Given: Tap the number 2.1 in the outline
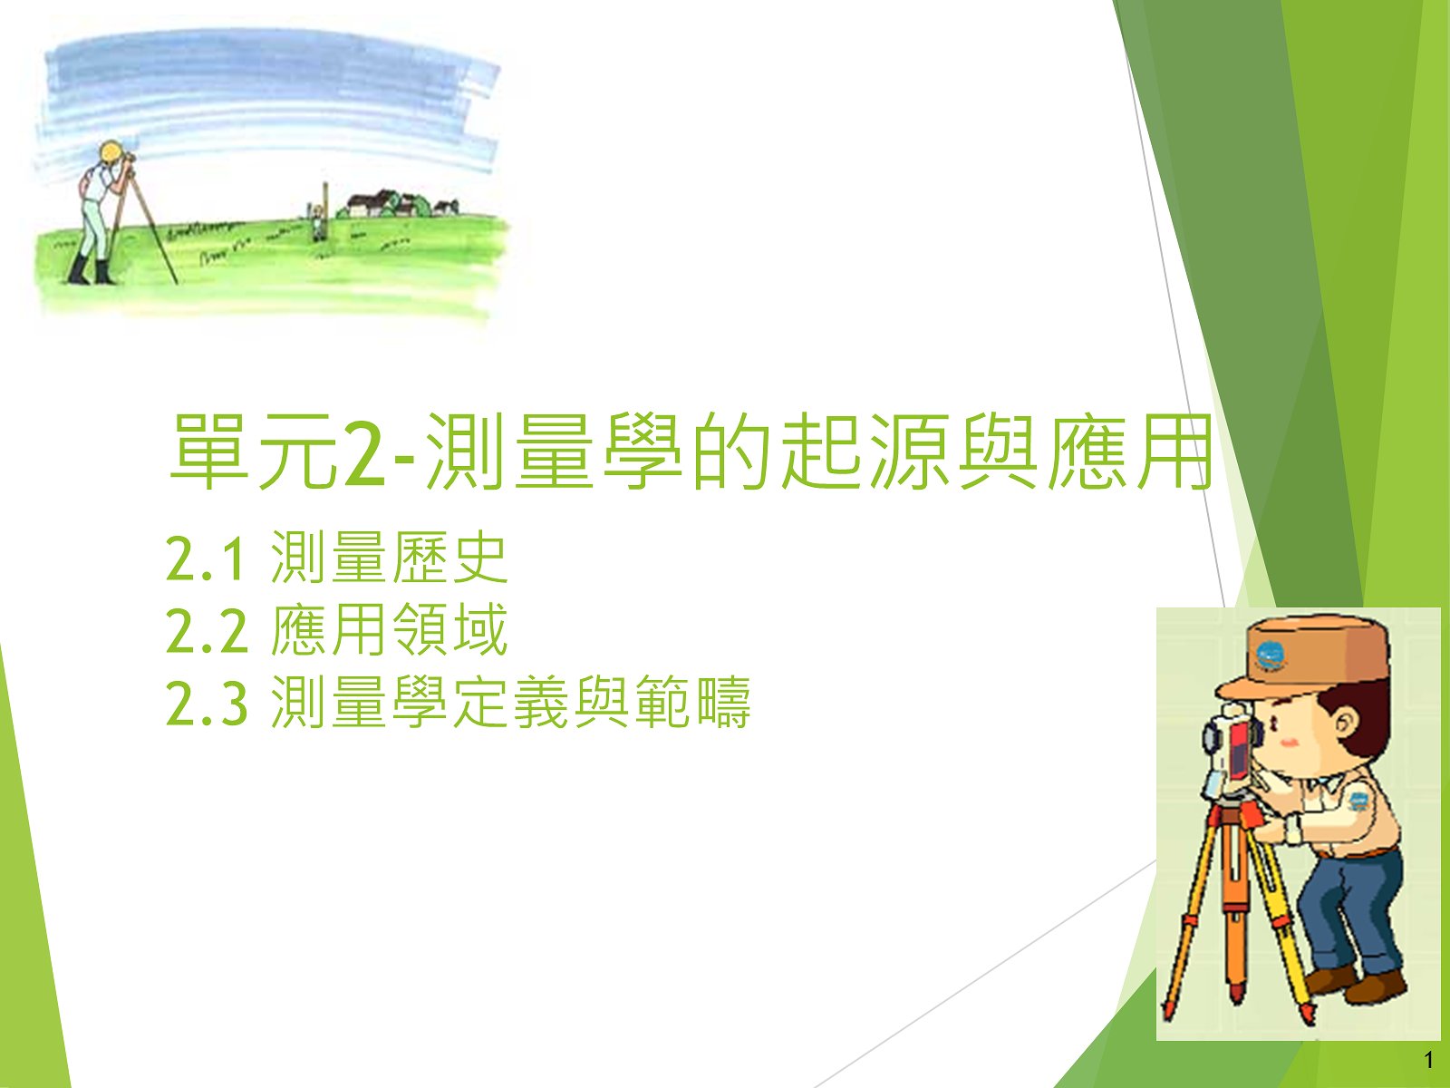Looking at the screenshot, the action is coord(206,559).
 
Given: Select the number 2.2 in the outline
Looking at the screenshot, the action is coord(207,631).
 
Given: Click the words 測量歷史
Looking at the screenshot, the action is coord(390,559).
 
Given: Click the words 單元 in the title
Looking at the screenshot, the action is coord(252,452).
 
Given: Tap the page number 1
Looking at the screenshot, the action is coord(1429,1061).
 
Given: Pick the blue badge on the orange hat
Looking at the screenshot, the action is coord(1269,656).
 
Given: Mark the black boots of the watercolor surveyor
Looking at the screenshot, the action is coord(92,270).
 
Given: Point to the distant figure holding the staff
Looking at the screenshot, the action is coord(318,221).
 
